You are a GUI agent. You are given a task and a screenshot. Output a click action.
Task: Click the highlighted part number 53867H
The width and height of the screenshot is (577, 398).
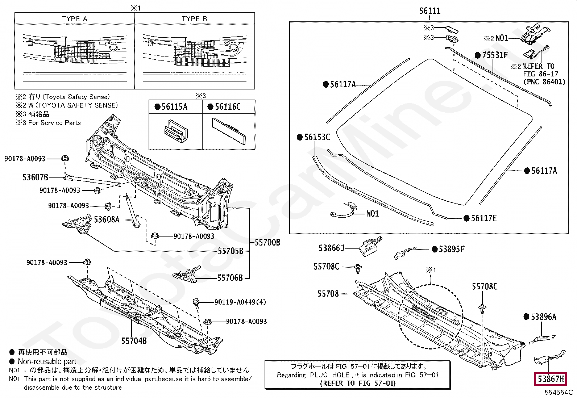click(551, 379)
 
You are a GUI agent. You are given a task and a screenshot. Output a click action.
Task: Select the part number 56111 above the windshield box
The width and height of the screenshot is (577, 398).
click(430, 11)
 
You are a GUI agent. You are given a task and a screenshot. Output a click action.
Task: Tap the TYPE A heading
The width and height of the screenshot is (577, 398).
click(75, 19)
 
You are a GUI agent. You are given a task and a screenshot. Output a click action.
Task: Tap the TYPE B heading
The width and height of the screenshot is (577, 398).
click(195, 19)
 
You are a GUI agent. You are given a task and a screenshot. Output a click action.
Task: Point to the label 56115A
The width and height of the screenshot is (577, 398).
click(174, 106)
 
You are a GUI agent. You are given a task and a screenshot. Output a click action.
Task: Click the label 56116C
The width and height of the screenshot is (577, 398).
click(228, 106)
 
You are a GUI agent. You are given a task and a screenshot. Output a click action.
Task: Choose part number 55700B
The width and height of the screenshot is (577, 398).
click(267, 242)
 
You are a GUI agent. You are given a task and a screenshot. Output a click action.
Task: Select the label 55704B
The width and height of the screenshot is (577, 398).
click(134, 341)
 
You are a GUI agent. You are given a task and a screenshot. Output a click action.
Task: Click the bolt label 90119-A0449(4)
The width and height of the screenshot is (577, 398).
click(240, 302)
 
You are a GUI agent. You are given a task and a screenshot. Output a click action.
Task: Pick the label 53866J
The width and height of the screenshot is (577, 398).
click(331, 248)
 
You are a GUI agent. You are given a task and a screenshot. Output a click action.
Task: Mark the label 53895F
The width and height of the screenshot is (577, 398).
click(451, 249)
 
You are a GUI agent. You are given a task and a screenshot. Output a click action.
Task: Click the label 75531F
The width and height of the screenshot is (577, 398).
click(495, 55)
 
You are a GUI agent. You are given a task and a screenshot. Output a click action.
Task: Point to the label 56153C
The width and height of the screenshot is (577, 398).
click(317, 137)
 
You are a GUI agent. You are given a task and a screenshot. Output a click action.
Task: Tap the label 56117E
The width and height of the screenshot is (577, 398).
click(484, 218)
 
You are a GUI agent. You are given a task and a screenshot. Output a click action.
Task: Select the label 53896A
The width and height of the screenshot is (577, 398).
click(543, 317)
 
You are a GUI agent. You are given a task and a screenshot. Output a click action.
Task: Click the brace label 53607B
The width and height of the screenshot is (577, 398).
click(35, 177)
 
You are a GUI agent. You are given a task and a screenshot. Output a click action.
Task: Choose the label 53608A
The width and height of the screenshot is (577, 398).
click(107, 219)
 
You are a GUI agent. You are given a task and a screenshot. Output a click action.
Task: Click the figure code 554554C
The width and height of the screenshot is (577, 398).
click(559, 392)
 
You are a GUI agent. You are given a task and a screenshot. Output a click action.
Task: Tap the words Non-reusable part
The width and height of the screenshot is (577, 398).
click(47, 361)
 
